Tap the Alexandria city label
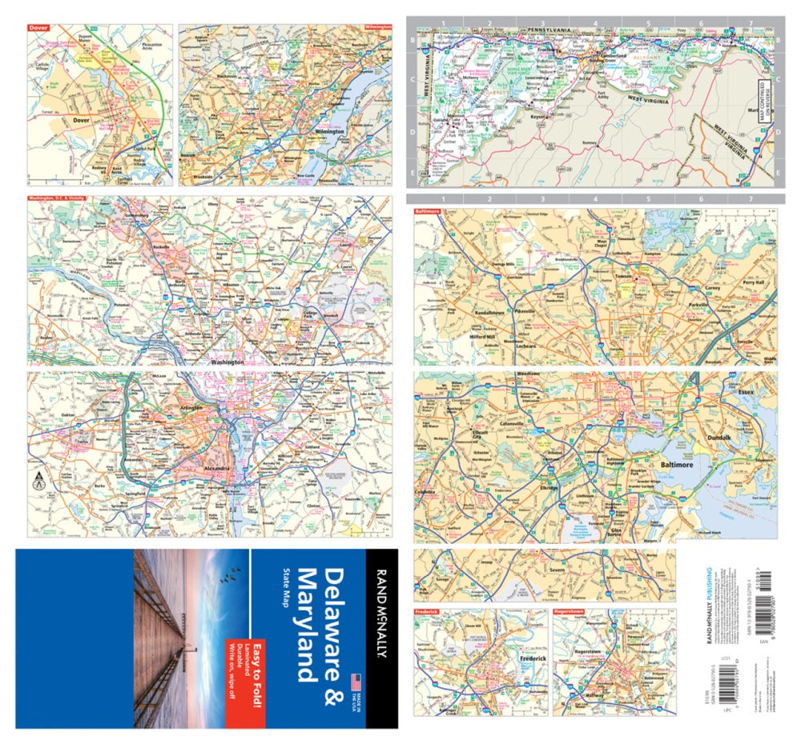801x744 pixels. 217,467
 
